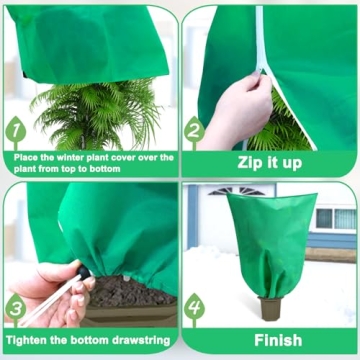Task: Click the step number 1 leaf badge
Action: (x=16, y=131)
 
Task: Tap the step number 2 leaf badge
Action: (x=194, y=131)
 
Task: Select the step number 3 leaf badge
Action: (x=16, y=306)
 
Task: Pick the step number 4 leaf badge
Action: (x=194, y=307)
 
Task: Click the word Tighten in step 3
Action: (x=31, y=340)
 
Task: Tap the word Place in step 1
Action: (x=29, y=157)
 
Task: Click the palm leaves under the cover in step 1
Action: (x=96, y=112)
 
